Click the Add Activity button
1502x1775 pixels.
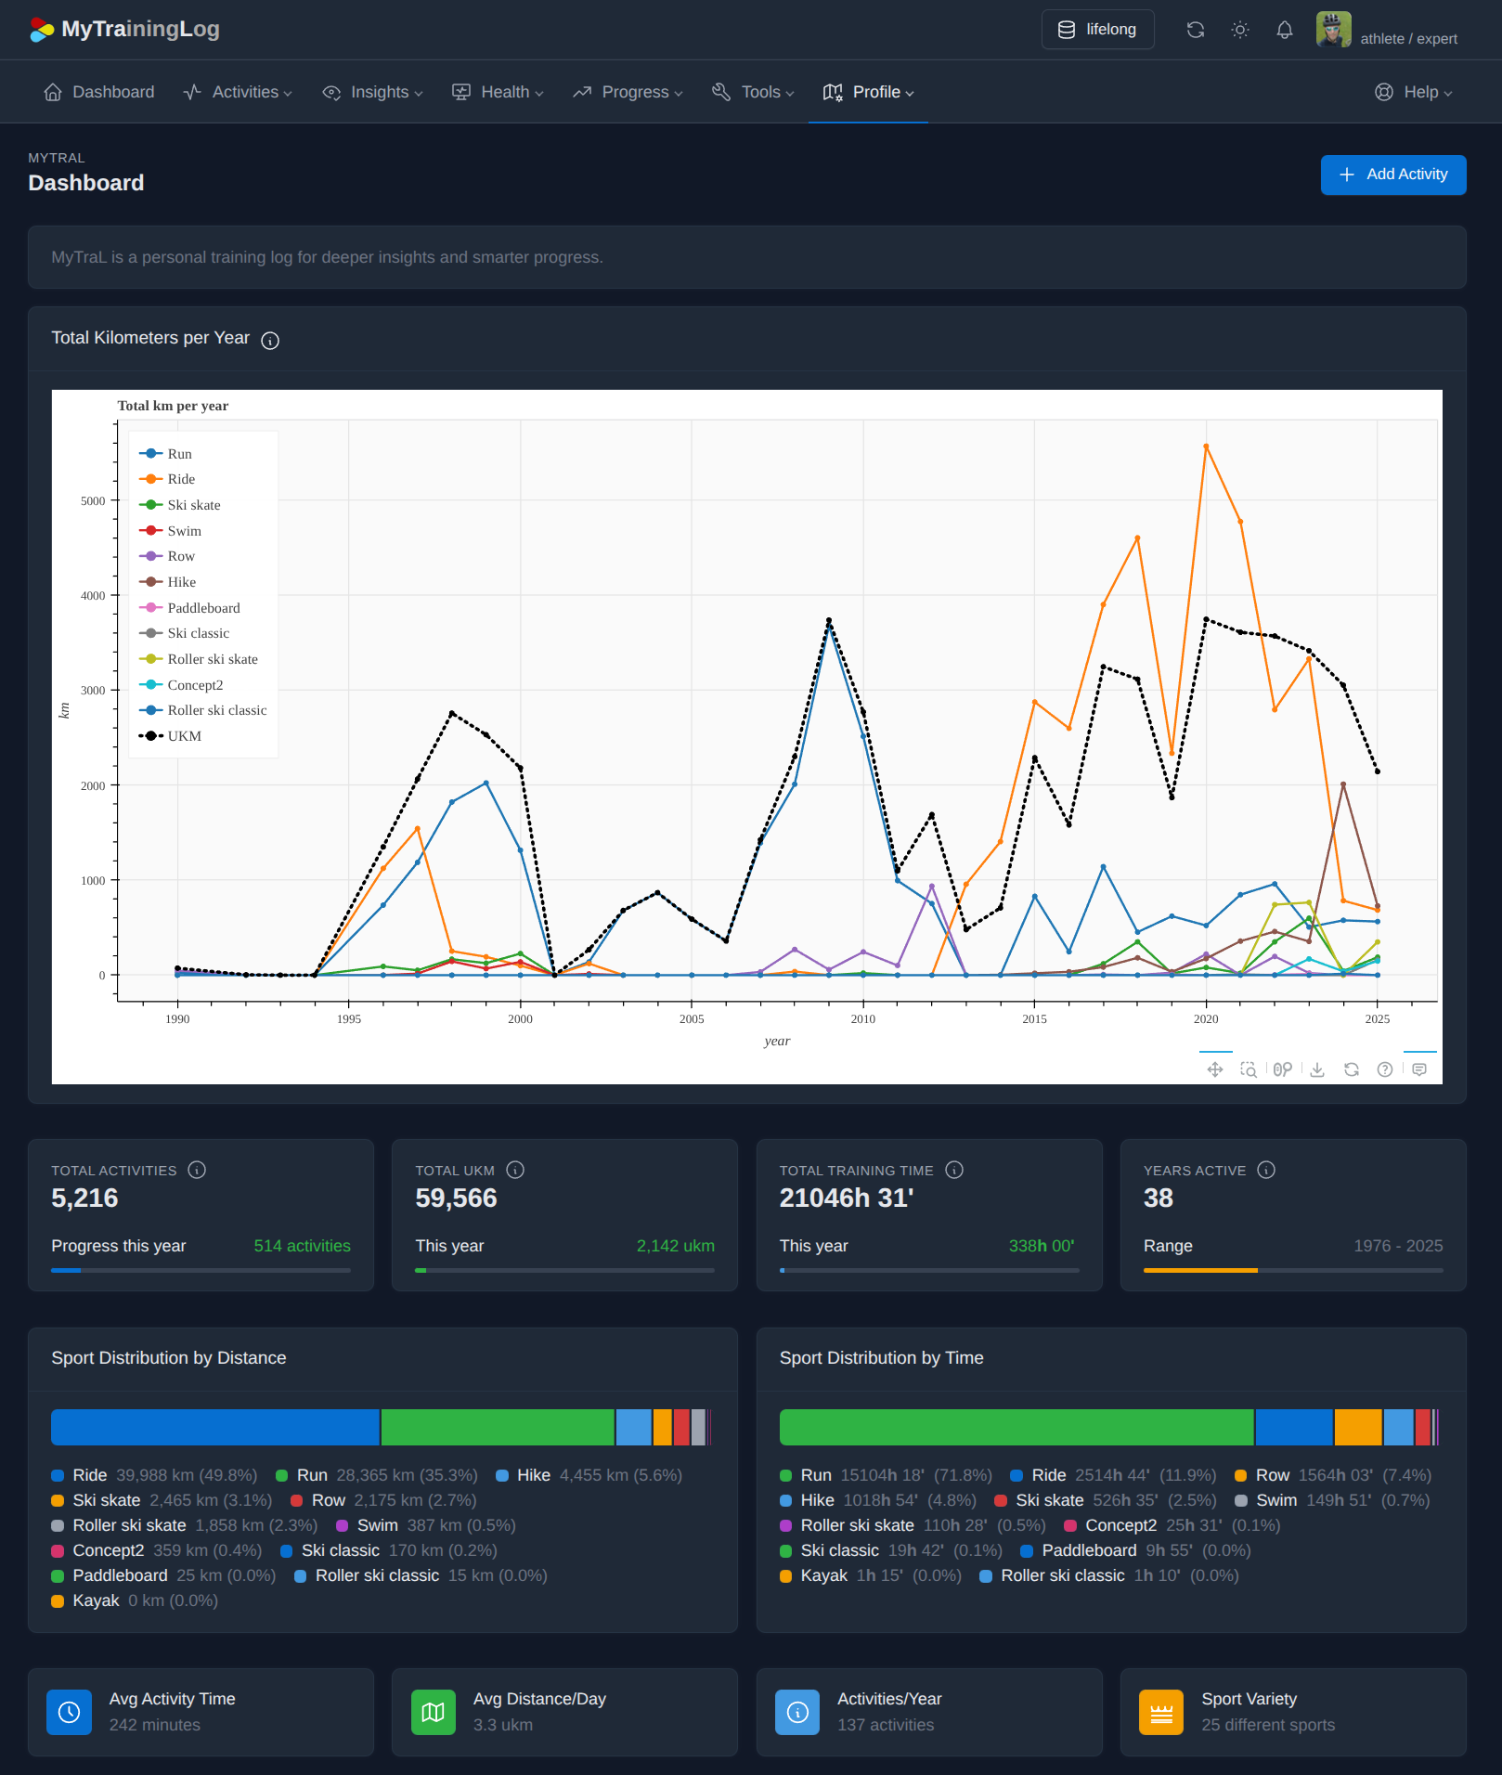[x=1392, y=175]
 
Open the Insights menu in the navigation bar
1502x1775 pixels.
[x=372, y=92]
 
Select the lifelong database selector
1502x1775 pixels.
[x=1097, y=30]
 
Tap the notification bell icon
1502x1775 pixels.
[x=1284, y=30]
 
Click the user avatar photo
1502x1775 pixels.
[x=1333, y=30]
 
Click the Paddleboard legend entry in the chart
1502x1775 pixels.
[x=202, y=608]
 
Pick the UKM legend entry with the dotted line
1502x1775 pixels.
[x=184, y=736]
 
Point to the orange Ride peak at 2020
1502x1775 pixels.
[x=1206, y=447]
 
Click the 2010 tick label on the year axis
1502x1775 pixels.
[x=862, y=1019]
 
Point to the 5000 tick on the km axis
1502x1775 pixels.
[x=93, y=501]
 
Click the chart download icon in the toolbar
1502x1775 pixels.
[x=1317, y=1069]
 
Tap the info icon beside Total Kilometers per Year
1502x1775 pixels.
[x=270, y=341]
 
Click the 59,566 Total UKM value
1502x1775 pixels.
[x=456, y=1198]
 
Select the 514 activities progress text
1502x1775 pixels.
[x=302, y=1246]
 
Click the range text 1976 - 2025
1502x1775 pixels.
[x=1397, y=1246]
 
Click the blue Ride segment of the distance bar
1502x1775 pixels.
[x=215, y=1427]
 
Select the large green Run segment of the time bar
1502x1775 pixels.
[x=1016, y=1427]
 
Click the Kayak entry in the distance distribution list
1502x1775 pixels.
[x=96, y=1600]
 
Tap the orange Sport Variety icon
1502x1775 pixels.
[x=1160, y=1713]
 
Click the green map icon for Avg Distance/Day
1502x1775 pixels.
[x=433, y=1713]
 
